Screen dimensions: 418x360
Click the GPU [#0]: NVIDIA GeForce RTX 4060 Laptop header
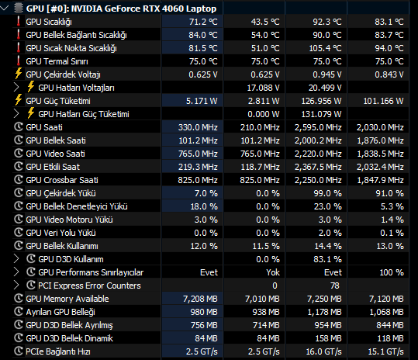121,9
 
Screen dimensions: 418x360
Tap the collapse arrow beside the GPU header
5,9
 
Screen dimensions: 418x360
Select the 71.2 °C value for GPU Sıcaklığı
203,22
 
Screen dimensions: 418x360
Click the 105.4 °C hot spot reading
325,48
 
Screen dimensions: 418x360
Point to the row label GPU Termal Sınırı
57,61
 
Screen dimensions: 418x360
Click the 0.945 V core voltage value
326,74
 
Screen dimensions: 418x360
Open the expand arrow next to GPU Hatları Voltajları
16,88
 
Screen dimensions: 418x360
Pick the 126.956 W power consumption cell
321,101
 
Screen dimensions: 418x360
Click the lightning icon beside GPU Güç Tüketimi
19,99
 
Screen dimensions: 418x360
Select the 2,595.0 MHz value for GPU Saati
318,127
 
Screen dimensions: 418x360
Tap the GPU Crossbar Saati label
62,180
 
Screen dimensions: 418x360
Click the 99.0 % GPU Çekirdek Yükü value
327,193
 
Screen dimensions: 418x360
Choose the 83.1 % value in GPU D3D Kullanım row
327,259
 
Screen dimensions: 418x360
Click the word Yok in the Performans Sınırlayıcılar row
273,272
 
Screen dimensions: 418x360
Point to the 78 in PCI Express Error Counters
335,286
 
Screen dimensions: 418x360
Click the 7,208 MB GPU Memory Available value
200,299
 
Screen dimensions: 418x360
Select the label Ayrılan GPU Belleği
60,312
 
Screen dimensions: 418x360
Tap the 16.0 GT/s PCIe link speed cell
323,351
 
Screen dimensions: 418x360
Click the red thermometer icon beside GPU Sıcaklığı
19,21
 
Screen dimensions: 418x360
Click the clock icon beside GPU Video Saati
19,153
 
